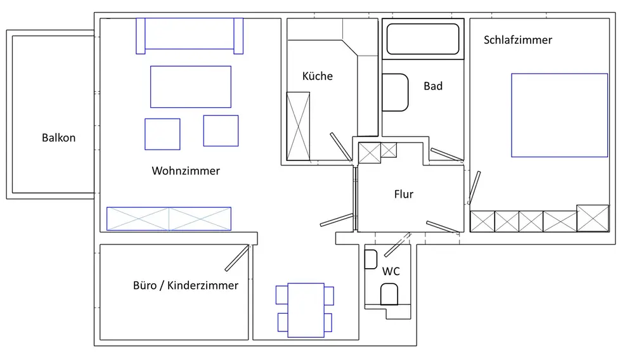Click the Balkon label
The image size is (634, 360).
tap(58, 138)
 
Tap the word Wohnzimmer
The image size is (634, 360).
tap(186, 171)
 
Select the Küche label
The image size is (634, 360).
tap(317, 76)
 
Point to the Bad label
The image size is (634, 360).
tap(433, 86)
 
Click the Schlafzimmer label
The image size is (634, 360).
tap(517, 40)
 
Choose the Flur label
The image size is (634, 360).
tap(404, 194)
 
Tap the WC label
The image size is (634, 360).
tap(391, 271)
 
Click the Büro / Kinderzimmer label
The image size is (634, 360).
tap(186, 285)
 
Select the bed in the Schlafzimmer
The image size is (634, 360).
tap(559, 115)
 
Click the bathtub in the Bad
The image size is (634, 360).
tap(422, 39)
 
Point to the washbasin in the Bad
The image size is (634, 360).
tap(395, 93)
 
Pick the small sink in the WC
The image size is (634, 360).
tap(372, 259)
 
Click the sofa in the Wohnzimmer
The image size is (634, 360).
tap(190, 34)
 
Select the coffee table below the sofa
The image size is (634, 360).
tap(190, 87)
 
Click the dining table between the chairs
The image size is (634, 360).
tap(306, 310)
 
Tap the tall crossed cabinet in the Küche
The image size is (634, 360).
tap(298, 126)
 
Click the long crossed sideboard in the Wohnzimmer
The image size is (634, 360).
tap(169, 219)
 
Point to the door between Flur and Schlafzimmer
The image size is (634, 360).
tap(474, 186)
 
